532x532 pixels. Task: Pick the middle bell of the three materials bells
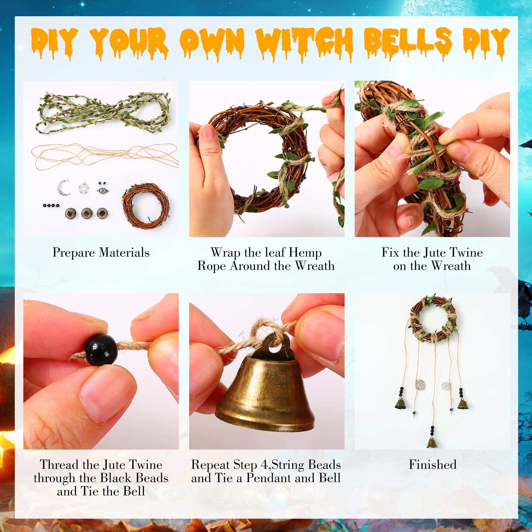pyautogui.click(x=87, y=213)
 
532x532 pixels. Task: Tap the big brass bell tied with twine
pyautogui.click(x=265, y=393)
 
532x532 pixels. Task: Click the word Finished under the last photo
pyautogui.click(x=432, y=464)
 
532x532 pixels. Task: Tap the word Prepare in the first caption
pyautogui.click(x=74, y=253)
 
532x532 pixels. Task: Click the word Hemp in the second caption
pyautogui.click(x=305, y=253)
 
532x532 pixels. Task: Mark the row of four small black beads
pyautogui.click(x=51, y=205)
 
